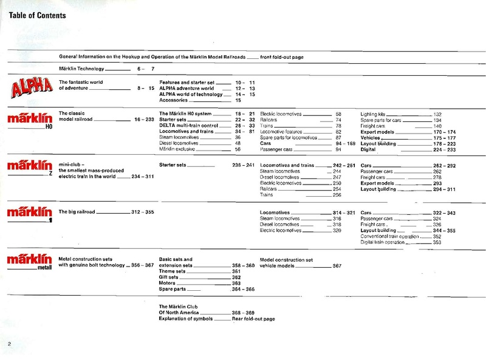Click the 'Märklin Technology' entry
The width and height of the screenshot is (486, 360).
tap(82, 69)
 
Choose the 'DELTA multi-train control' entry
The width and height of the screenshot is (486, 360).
tap(187, 126)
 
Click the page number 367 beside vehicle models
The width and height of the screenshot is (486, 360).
tap(337, 266)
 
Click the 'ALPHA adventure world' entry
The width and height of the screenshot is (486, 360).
tap(186, 88)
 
